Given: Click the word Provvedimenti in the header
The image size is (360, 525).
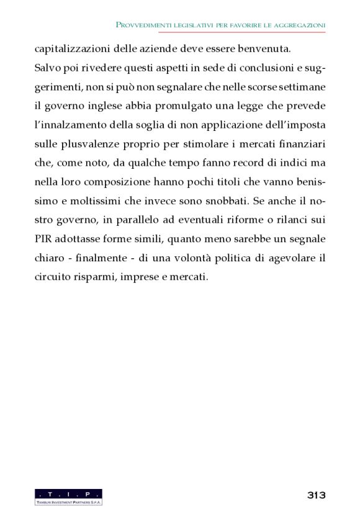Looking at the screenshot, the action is coord(144,24).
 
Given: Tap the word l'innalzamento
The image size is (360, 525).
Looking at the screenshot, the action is coord(67,125).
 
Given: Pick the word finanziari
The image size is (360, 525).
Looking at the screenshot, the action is coord(302,144).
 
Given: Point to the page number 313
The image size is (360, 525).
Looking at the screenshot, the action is coord(316,495).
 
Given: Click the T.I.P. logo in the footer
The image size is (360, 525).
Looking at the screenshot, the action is coord(68,496).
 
